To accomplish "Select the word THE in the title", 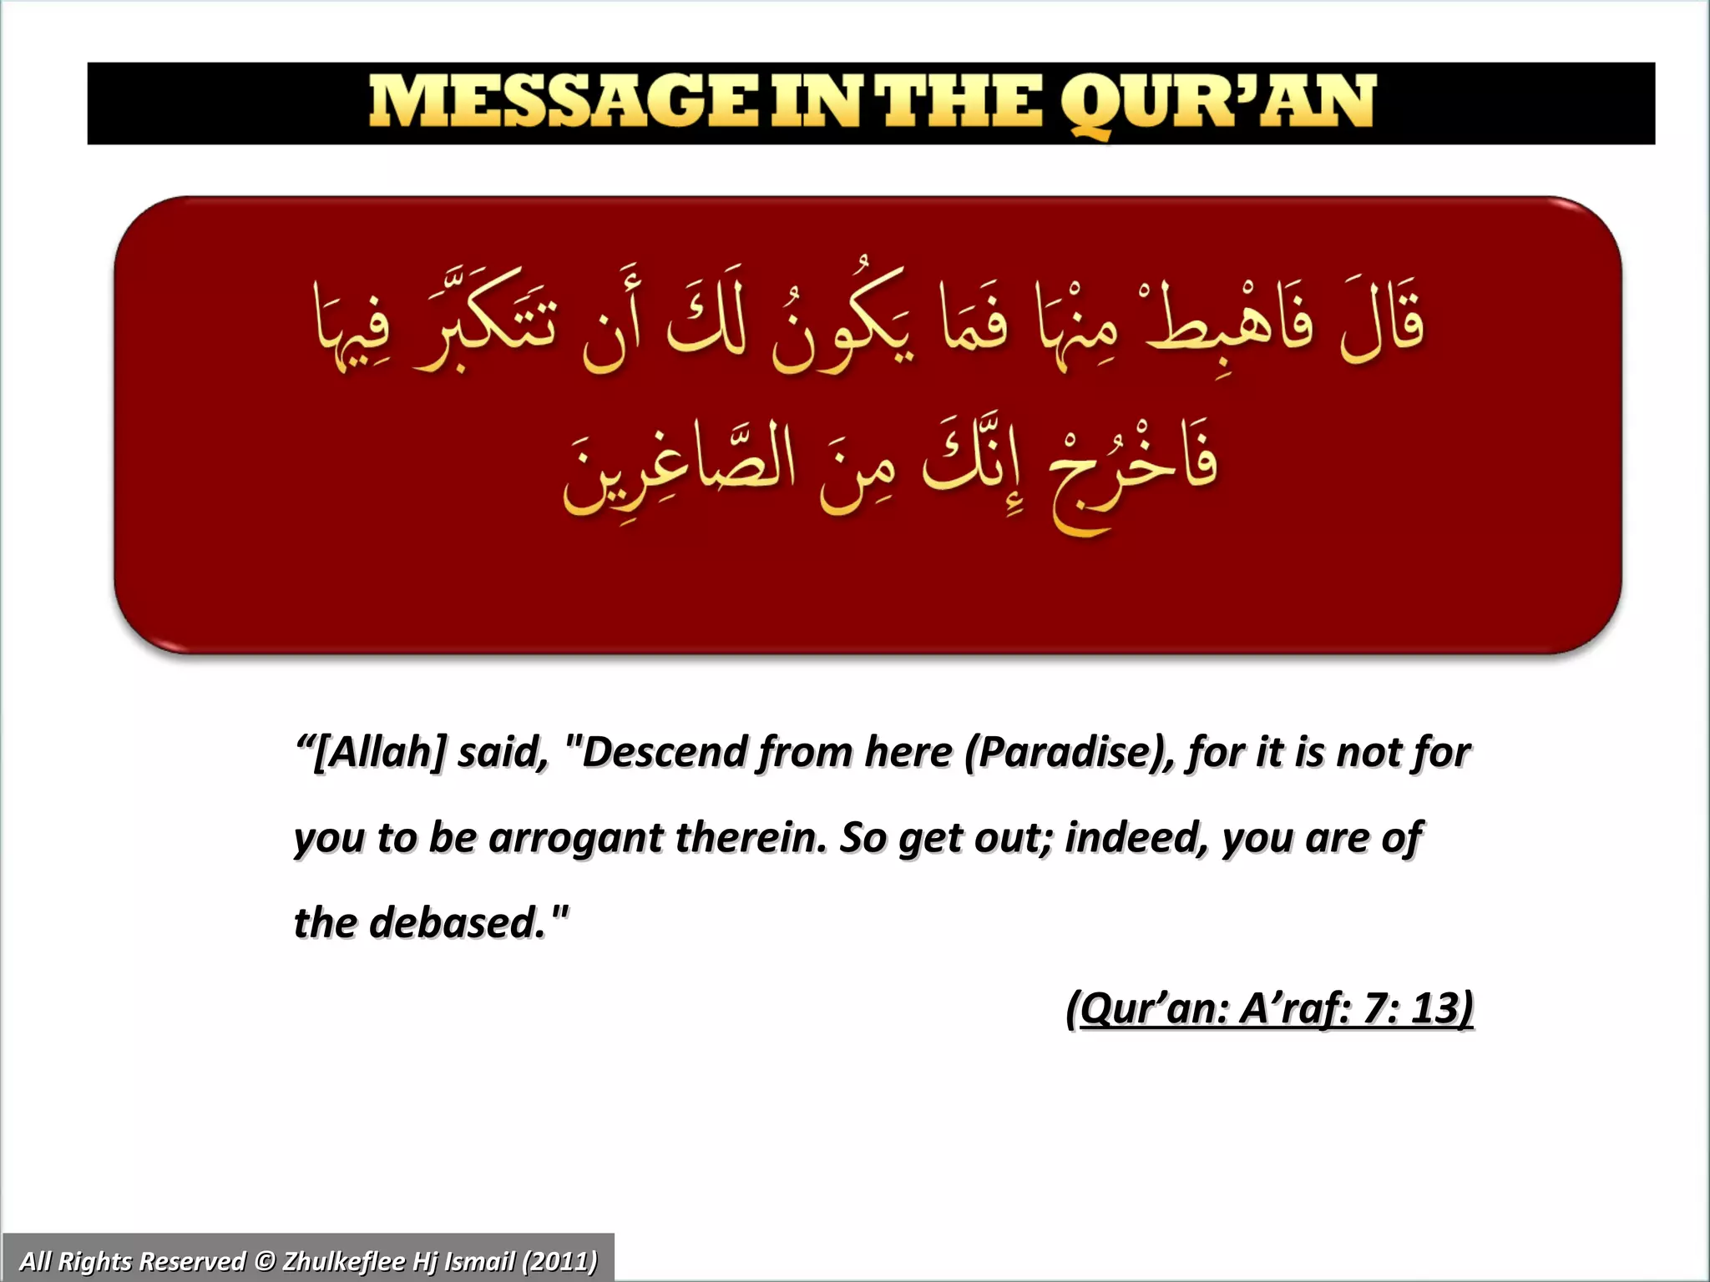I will point(961,103).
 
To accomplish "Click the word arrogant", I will point(575,837).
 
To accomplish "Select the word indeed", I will point(1136,837).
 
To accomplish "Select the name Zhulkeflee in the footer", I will point(346,1260).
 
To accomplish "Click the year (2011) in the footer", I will point(559,1260).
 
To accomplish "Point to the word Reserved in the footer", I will point(194,1260).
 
